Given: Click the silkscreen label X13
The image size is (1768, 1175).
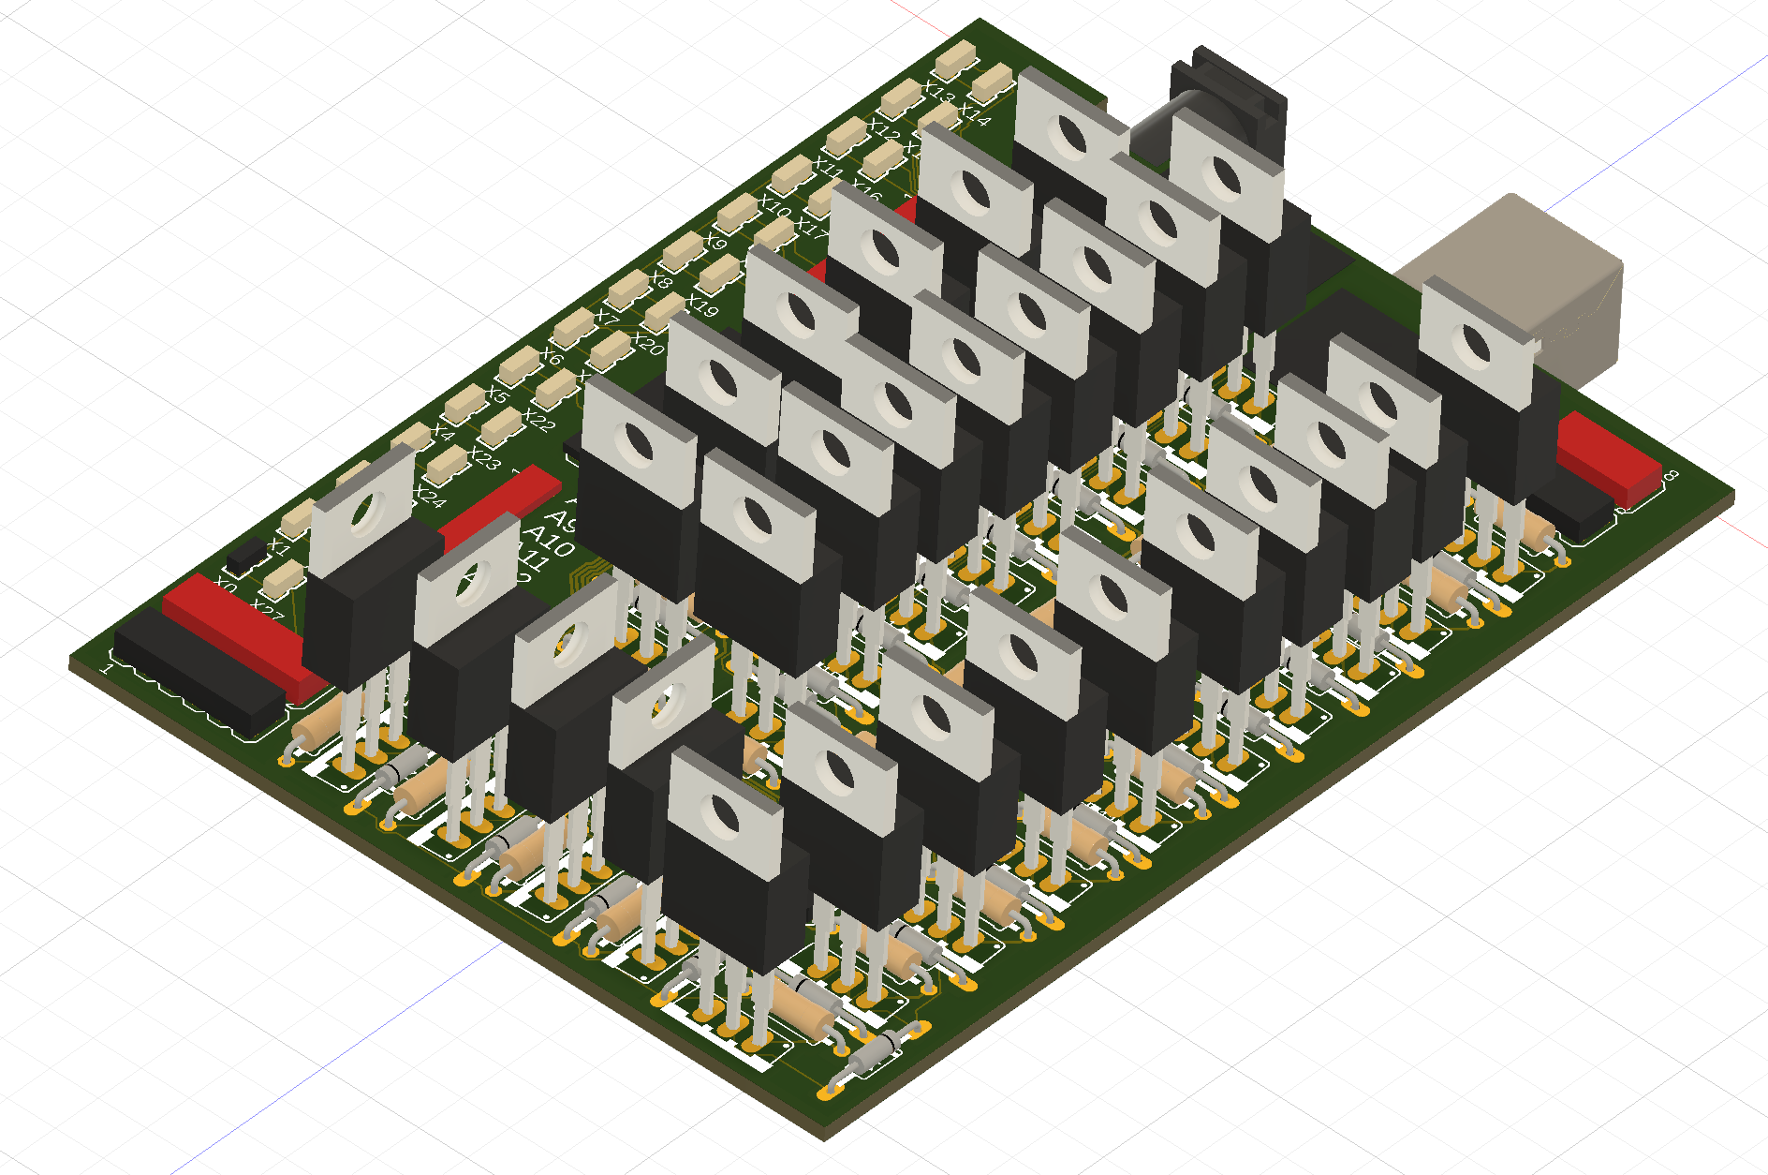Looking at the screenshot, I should point(938,92).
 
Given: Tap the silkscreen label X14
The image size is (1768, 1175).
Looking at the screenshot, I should point(974,114).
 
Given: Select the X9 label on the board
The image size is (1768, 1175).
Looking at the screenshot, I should point(715,242).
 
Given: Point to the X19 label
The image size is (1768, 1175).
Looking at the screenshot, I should point(701,305).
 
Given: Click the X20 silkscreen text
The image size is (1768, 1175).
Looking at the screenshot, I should point(647,342).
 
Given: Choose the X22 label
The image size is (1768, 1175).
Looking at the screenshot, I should point(538,420).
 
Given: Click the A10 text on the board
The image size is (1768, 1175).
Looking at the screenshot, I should point(548,541).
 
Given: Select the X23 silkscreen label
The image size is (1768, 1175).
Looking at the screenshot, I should point(484,457).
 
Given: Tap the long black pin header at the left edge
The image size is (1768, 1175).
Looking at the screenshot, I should point(197,670).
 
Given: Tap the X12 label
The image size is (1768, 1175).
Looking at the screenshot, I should point(883,129).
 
